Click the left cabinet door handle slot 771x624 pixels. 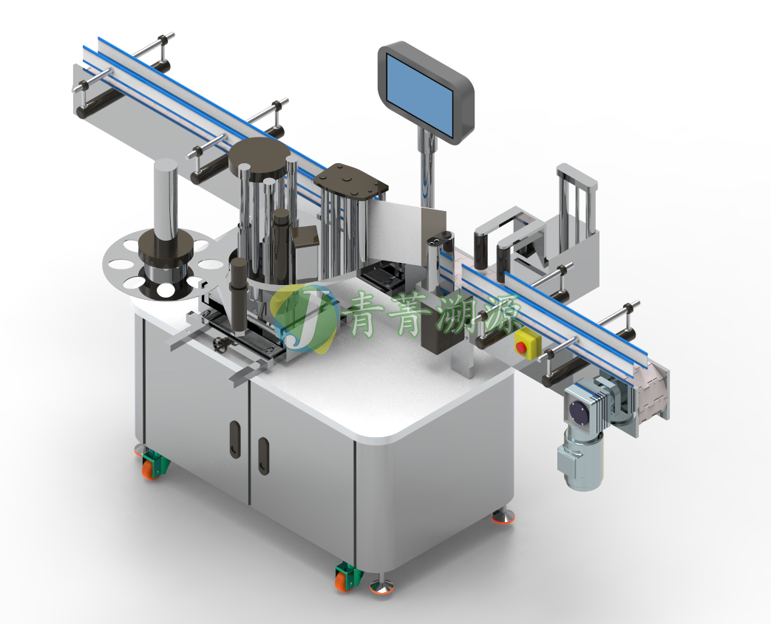point(235,439)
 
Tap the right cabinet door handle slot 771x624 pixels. point(264,456)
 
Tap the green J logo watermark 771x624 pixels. point(305,318)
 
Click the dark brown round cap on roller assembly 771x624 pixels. point(259,156)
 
